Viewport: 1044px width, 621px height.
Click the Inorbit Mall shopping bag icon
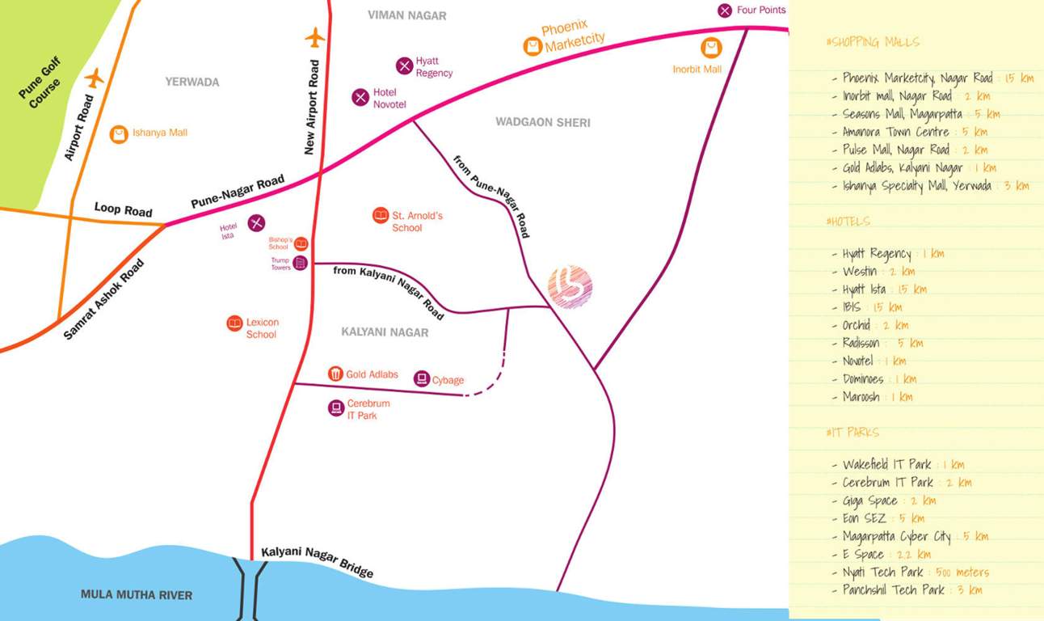(x=711, y=49)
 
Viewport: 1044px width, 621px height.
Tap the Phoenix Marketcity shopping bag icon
(x=532, y=46)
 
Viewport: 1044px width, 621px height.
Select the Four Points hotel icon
(x=725, y=11)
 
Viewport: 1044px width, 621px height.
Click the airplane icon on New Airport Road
(x=314, y=37)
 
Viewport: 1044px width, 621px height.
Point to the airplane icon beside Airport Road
(x=95, y=78)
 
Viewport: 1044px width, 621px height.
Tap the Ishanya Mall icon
(x=119, y=134)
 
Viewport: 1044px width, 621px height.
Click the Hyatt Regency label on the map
(x=434, y=67)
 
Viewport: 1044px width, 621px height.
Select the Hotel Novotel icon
(x=360, y=98)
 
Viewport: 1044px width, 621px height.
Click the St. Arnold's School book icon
(x=380, y=216)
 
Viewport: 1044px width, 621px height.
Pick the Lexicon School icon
(x=234, y=323)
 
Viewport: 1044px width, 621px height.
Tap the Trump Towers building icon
(x=301, y=263)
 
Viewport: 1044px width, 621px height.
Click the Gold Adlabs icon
(x=335, y=374)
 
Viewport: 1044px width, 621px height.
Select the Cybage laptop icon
(x=421, y=378)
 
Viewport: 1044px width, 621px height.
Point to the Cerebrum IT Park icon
(x=336, y=408)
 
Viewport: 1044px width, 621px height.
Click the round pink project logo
(x=570, y=287)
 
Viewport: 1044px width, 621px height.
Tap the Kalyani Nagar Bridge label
(x=318, y=561)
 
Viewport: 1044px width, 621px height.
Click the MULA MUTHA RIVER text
(x=137, y=595)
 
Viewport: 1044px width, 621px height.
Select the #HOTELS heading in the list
(x=848, y=222)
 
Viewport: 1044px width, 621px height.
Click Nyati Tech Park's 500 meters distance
(x=962, y=572)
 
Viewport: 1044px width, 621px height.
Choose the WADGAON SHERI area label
(x=542, y=122)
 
